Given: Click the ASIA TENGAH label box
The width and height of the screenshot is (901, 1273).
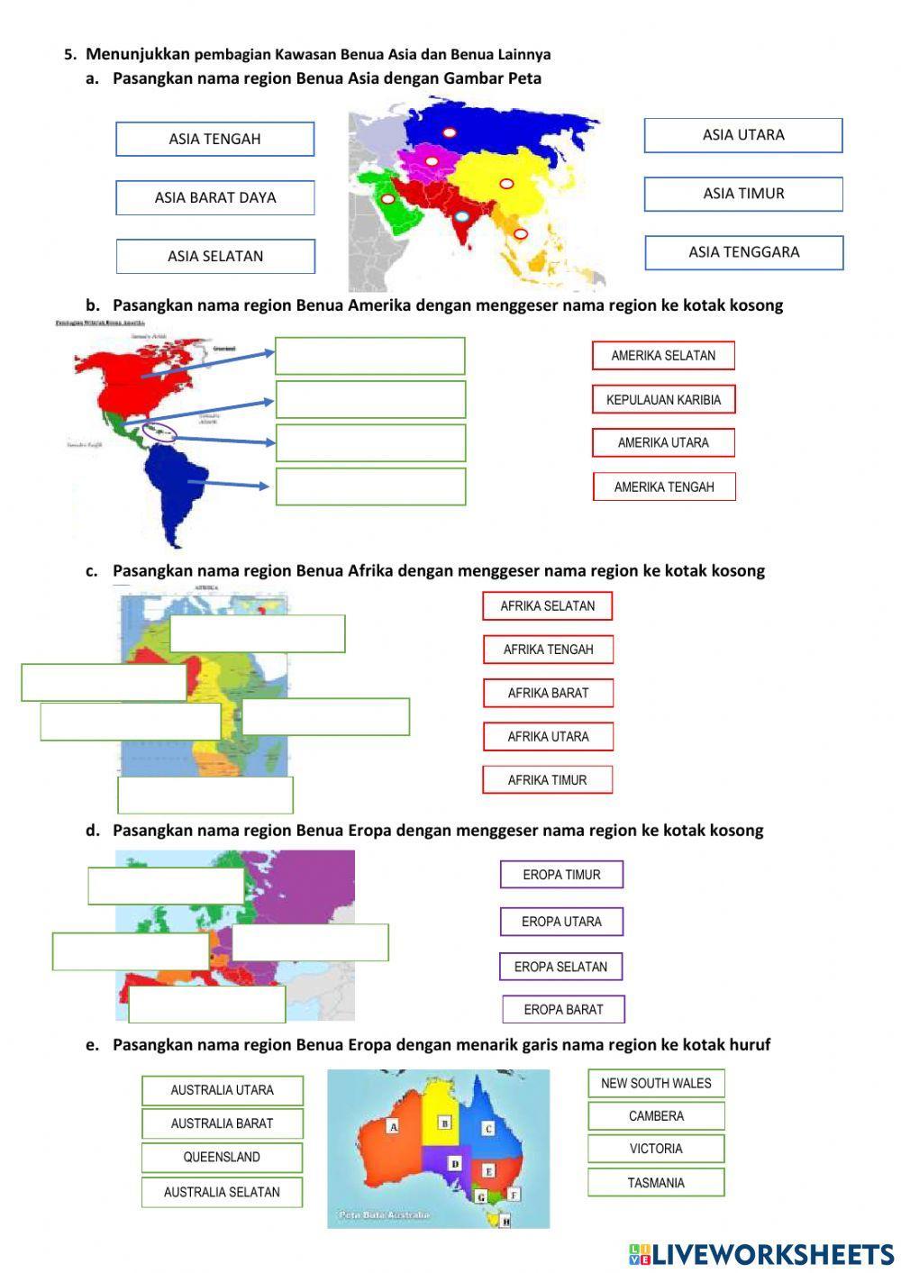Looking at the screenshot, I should point(214,139).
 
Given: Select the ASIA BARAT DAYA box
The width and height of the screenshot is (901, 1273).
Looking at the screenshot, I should point(214,197).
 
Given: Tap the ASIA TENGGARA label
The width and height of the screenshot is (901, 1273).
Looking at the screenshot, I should point(743,252).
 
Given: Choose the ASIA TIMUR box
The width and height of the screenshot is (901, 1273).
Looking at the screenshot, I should point(743,194).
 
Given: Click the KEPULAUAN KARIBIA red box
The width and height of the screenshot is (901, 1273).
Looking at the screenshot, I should point(663,399).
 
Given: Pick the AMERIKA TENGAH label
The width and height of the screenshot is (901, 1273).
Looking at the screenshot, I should point(663,486).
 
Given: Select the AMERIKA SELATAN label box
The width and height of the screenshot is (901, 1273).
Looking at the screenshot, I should point(663,355).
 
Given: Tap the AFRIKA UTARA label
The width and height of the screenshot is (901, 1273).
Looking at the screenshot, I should point(548,736).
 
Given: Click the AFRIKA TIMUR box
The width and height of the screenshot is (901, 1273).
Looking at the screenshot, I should point(547,779).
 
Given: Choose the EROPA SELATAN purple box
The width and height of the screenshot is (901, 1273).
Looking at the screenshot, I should point(560,967).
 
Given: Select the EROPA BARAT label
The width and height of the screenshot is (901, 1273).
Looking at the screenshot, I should point(563,1009).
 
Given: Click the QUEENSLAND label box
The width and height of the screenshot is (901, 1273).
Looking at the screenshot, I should point(222,1157).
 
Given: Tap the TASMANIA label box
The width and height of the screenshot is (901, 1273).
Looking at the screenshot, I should point(656,1182).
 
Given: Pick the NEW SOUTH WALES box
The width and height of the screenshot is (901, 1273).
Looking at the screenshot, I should point(656,1083).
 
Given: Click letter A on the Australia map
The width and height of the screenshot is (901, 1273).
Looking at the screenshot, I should point(393,1126).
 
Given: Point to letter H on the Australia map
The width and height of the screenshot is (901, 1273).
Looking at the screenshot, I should point(505,1222).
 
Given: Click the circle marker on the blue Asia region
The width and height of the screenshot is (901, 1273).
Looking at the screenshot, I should point(449,132).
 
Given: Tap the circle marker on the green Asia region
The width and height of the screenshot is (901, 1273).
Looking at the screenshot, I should point(387,198).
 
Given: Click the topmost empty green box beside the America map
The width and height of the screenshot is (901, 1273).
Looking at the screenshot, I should point(369,356).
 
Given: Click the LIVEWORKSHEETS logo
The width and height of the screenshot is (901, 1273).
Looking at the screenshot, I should point(761,1254).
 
